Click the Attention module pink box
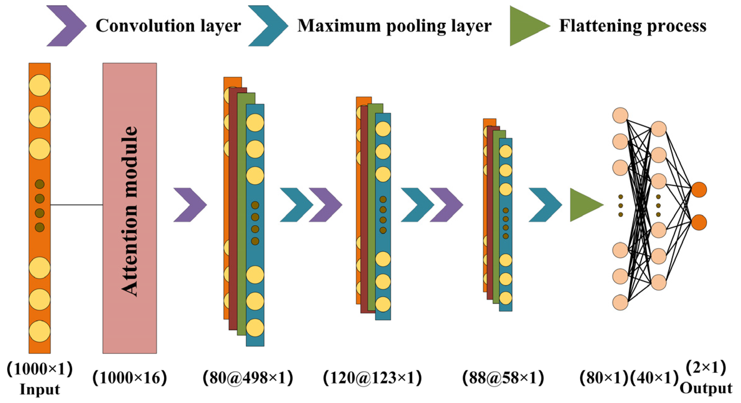point(130,208)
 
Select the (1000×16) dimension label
point(130,378)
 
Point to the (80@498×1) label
point(248,378)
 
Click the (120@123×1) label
point(372,378)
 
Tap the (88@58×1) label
point(503,378)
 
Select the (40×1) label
point(654,378)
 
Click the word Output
point(706,388)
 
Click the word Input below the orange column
point(40,389)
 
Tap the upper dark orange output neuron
point(699,190)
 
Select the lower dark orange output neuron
point(699,222)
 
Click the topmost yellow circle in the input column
point(40,85)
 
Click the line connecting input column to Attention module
point(77,205)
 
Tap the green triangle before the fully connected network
point(584,205)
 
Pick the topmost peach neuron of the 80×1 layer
point(620,115)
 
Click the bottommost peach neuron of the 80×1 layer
point(620,302)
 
